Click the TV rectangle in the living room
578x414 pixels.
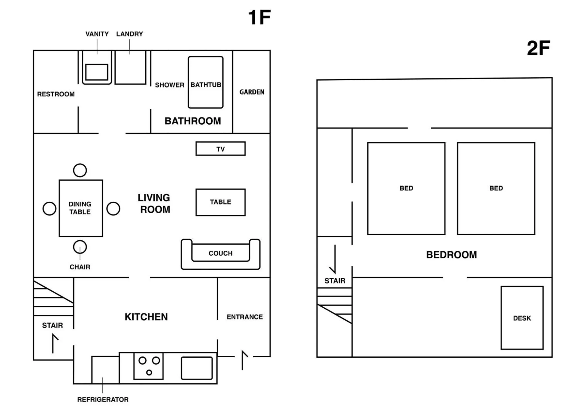tap(220, 149)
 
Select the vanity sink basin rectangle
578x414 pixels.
tap(97, 72)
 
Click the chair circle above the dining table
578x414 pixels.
tap(80, 170)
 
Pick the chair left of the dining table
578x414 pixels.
tap(49, 209)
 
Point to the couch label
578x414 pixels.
tap(220, 253)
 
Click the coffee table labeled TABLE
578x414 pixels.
tap(220, 202)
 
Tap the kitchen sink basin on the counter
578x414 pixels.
tap(197, 368)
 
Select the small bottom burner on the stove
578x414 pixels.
tap(149, 372)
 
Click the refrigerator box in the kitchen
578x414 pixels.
tap(105, 370)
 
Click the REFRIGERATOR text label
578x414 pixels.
tap(103, 399)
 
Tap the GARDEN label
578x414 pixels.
tap(251, 92)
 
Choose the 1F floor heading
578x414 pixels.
tap(259, 17)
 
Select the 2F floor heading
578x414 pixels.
tap(538, 48)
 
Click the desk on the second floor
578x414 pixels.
tap(522, 318)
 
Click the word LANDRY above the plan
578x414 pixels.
tap(130, 34)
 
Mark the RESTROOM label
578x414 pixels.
tap(56, 94)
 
